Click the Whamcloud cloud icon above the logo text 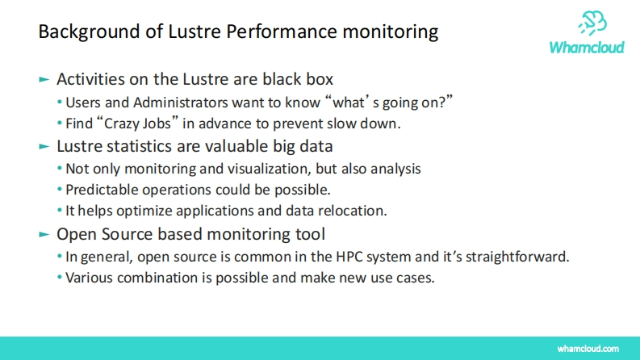coord(592,23)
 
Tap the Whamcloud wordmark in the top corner coord(587,48)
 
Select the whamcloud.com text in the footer coord(588,349)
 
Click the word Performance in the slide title coord(282,31)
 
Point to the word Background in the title coord(89,31)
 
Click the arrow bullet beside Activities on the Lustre coord(44,79)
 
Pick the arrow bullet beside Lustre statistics coord(44,146)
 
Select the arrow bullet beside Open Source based coord(44,234)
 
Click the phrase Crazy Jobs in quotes coord(137,123)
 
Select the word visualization coord(270,169)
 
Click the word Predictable coord(102,190)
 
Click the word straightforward coord(517,257)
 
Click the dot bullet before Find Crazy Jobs coord(60,123)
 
